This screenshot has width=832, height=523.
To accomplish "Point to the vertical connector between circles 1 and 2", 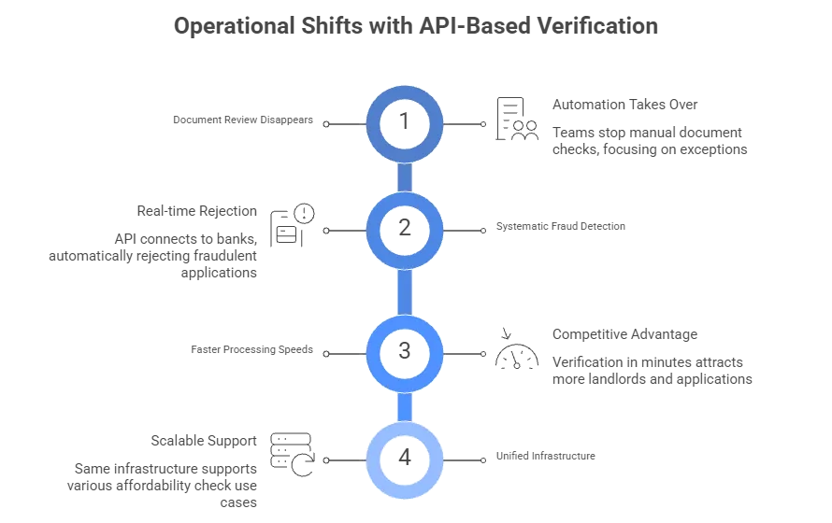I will (406, 175).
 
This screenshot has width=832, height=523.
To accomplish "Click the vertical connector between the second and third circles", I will (406, 290).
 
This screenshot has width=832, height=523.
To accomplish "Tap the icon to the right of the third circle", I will (509, 349).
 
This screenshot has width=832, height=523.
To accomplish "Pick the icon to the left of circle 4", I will (290, 449).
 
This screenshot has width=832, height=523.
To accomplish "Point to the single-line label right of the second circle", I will (559, 225).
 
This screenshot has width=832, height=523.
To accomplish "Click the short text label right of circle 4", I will (545, 456).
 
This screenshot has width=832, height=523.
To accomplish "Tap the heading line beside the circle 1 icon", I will (623, 102).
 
